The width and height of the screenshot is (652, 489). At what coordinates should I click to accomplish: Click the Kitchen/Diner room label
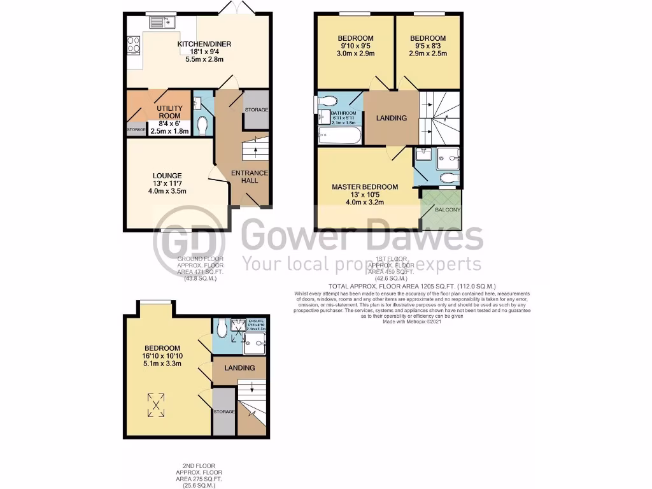[x=204, y=44]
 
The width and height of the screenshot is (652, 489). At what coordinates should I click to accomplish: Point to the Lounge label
[x=167, y=176]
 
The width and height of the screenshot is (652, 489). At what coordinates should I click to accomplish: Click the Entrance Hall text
[x=250, y=177]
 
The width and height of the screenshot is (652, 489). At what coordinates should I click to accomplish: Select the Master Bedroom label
[x=365, y=187]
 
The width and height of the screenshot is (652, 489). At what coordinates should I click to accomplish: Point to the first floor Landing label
[x=391, y=118]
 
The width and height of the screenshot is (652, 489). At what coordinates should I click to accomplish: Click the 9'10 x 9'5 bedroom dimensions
[x=355, y=46]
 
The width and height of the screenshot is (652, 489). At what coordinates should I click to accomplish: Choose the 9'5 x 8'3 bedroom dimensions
[x=428, y=46]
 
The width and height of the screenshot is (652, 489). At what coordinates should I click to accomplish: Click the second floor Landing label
[x=240, y=367]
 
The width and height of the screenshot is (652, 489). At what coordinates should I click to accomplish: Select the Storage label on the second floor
[x=224, y=412]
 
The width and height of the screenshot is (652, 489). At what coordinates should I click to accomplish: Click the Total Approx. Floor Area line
[x=411, y=287]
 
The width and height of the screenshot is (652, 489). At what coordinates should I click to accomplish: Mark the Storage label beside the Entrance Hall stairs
[x=257, y=110]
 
